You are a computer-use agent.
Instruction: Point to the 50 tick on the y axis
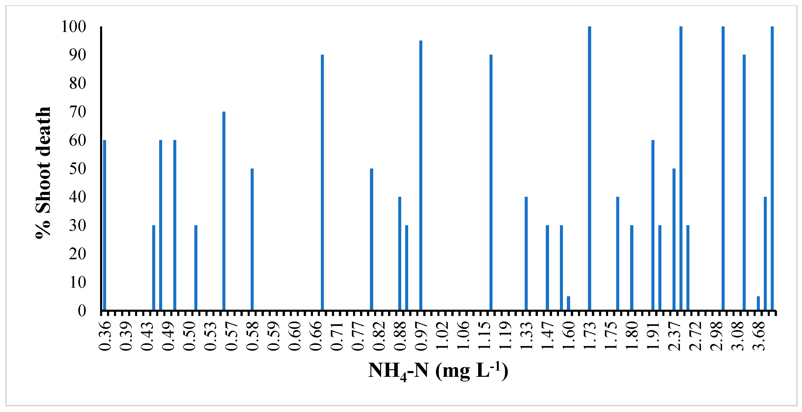pyautogui.click(x=78, y=169)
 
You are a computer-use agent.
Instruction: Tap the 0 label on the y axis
pyautogui.click(x=82, y=311)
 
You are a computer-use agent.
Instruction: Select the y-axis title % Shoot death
pyautogui.click(x=43, y=172)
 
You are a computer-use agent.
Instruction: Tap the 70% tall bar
pyautogui.click(x=224, y=211)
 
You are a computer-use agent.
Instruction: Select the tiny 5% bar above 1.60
pyautogui.click(x=568, y=303)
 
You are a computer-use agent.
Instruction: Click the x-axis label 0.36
pyautogui.click(x=105, y=336)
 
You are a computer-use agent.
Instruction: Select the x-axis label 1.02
pyautogui.click(x=442, y=336)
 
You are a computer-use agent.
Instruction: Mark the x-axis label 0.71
pyautogui.click(x=337, y=336)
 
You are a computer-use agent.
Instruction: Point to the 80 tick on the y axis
pyautogui.click(x=78, y=84)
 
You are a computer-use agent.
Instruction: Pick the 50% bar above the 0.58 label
pyautogui.click(x=252, y=240)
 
